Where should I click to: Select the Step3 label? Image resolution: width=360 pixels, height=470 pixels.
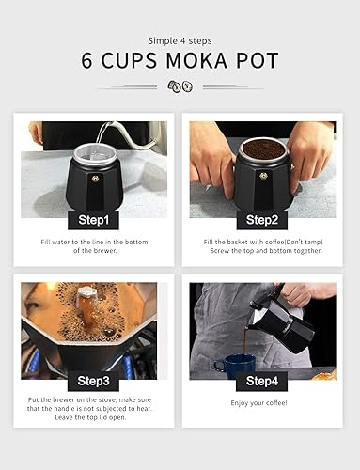94,381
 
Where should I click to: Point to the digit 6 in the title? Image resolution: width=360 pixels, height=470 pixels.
87,62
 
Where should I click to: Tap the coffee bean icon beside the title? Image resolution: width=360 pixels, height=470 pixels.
180,86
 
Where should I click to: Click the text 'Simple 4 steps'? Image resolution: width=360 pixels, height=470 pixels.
180,40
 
